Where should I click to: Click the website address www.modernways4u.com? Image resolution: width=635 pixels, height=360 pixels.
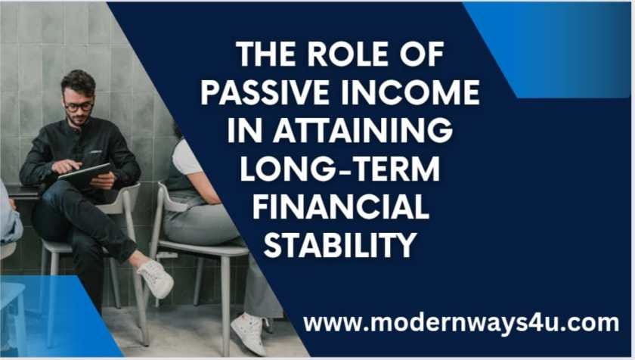click(x=461, y=323)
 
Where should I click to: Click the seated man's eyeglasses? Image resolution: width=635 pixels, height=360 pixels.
click(x=78, y=105)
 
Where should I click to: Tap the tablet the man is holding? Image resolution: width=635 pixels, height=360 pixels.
click(x=85, y=175)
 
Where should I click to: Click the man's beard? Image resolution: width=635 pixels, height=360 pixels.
click(x=79, y=121)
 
